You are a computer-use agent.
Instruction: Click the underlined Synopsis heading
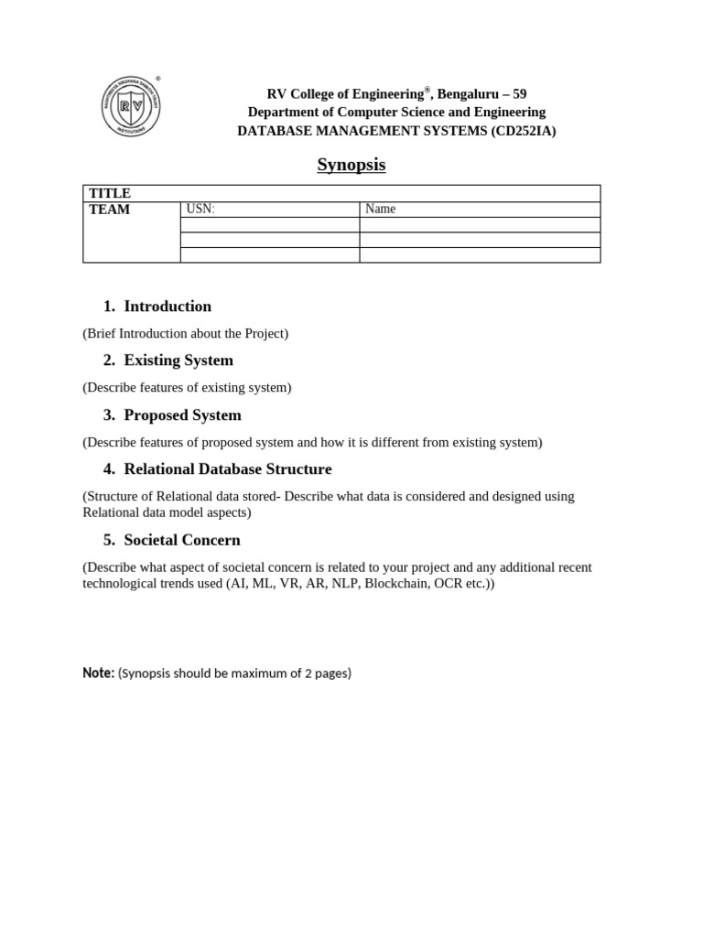click(x=351, y=165)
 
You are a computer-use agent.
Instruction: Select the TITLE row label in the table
click(x=109, y=193)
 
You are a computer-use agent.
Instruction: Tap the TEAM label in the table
click(x=109, y=210)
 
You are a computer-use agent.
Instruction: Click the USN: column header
click(x=200, y=210)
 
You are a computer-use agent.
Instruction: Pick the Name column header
click(x=380, y=210)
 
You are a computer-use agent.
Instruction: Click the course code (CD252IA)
click(x=523, y=131)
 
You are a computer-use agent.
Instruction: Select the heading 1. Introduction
click(x=157, y=307)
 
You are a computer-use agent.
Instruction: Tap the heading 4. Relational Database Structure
click(x=218, y=469)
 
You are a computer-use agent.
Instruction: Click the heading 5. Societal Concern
click(x=172, y=540)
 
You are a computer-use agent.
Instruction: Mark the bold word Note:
click(x=98, y=673)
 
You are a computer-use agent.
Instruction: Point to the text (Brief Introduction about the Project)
click(x=186, y=333)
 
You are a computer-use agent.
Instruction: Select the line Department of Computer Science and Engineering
click(x=396, y=113)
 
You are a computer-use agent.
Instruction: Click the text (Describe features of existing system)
click(x=187, y=387)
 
